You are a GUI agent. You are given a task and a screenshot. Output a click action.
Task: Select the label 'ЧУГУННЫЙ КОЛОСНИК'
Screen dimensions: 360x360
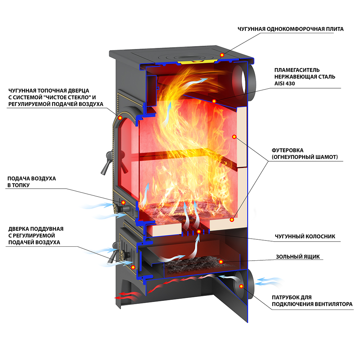click(305, 237)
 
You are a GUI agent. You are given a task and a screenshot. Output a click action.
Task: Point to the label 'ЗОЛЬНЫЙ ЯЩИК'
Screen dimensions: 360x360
click(298, 257)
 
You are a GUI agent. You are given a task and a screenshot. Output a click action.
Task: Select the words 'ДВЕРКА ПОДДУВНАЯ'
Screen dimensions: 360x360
click(36, 229)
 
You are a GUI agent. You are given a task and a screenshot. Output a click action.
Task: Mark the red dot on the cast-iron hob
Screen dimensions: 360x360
click(222, 55)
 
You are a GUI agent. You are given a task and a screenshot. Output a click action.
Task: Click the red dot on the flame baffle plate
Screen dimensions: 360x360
click(214, 101)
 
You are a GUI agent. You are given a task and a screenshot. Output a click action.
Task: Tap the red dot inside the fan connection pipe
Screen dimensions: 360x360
click(241, 286)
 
